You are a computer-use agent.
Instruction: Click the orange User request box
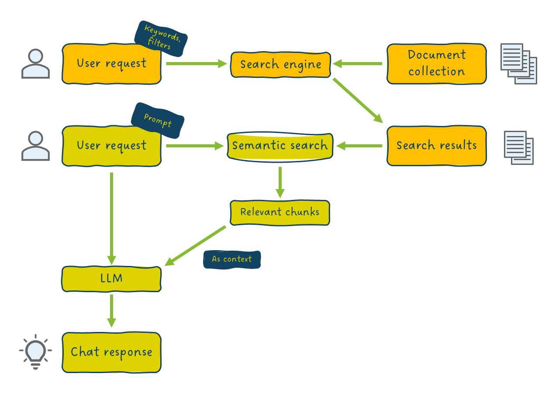(111, 64)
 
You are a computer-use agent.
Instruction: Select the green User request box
(111, 146)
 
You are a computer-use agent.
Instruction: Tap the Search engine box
(280, 65)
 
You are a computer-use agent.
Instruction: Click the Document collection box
(436, 64)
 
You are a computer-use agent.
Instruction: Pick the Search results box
(436, 146)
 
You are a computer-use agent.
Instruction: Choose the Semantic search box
(280, 146)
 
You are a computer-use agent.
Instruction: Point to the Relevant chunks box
(279, 213)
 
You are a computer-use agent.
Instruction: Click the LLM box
(111, 279)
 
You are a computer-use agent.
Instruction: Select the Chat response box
(111, 353)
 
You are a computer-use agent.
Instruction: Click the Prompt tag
(158, 121)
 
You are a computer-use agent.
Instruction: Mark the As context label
(232, 259)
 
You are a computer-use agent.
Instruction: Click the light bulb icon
(35, 352)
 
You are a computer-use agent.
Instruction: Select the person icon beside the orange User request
(35, 64)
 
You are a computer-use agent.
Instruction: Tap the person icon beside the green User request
(35, 146)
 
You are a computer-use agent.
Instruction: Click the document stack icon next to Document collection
(518, 64)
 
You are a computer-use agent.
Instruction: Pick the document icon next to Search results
(518, 147)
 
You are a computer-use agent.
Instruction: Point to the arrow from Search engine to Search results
(357, 100)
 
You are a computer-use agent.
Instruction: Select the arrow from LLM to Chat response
(112, 311)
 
